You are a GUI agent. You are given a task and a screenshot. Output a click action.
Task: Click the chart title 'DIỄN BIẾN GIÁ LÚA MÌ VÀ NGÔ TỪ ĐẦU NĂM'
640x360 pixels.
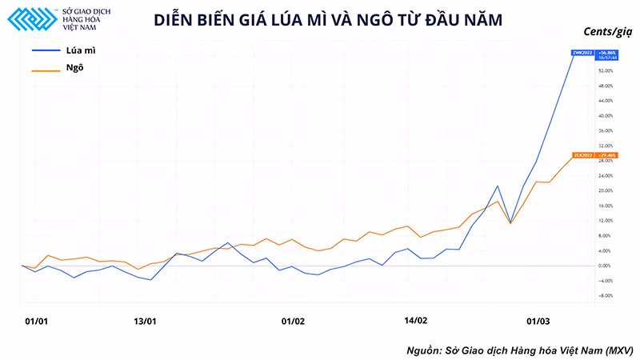pos(327,21)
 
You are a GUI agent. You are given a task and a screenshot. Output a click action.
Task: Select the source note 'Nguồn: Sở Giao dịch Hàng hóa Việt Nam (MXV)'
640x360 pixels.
pos(518,350)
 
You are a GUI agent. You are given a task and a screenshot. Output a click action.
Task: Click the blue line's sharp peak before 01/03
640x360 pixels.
pos(498,186)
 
